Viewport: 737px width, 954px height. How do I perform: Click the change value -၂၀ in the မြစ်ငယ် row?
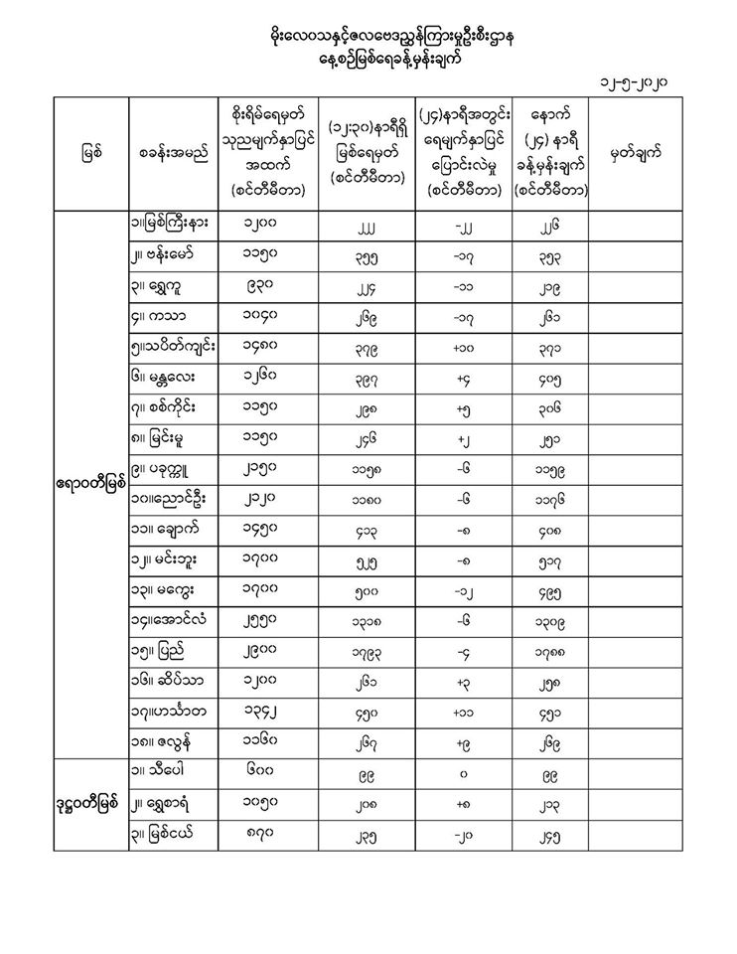(462, 834)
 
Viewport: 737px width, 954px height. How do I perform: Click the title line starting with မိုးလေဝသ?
(368, 37)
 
